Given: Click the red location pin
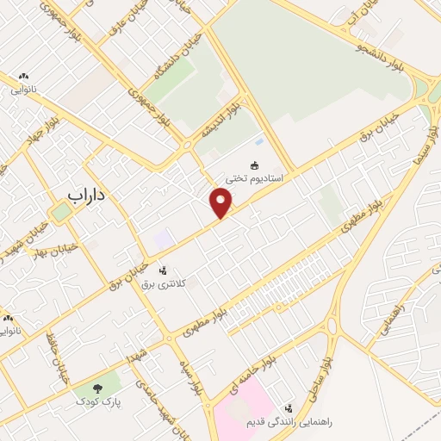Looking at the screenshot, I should tap(222, 203).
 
